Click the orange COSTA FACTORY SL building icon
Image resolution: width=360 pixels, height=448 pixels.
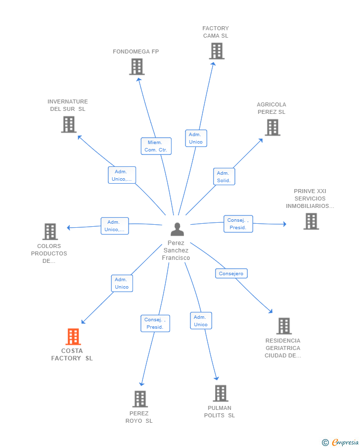(73, 337)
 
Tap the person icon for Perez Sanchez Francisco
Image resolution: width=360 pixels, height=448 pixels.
(178, 229)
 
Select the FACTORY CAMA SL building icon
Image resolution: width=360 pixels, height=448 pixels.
(217, 51)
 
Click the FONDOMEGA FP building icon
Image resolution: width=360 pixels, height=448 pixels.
(137, 66)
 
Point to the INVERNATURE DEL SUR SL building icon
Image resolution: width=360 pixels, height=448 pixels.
(69, 124)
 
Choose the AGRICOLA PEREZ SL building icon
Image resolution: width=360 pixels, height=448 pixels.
(272, 127)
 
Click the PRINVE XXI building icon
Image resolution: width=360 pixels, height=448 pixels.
(311, 221)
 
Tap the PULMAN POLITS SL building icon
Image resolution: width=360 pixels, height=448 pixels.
(221, 393)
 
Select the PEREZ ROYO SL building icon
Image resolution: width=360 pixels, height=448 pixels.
(140, 399)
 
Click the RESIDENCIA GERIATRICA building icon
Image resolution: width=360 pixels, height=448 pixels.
(284, 326)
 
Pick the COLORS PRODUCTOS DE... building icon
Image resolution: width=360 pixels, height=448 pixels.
(50, 232)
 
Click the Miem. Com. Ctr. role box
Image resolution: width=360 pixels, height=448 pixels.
(156, 146)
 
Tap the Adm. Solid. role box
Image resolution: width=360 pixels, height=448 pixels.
(224, 177)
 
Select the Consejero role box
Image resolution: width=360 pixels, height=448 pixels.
(231, 273)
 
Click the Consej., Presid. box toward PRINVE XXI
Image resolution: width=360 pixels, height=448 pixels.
(238, 224)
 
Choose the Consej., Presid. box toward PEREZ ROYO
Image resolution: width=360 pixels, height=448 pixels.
(155, 323)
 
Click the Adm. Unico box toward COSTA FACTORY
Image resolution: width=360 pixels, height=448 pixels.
(122, 284)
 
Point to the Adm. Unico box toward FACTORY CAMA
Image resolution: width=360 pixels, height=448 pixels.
(196, 138)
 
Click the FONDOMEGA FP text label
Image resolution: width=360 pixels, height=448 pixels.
(136, 51)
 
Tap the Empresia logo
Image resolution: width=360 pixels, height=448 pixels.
(340, 442)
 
